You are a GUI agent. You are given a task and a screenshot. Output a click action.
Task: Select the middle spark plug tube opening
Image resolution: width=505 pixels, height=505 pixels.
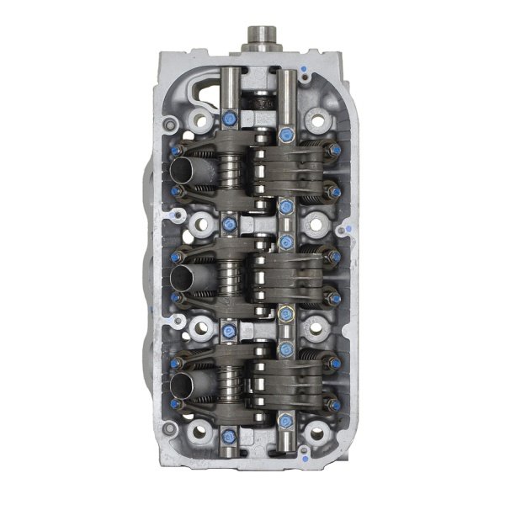coord(184,278)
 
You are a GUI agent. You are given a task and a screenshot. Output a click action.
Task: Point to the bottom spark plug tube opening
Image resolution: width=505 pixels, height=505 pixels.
coord(184,385)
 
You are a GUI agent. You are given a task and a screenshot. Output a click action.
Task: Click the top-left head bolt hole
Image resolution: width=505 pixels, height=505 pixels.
coord(199,119)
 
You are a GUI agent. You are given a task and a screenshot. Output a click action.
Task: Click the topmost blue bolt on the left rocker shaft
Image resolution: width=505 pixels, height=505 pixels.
coord(229,118)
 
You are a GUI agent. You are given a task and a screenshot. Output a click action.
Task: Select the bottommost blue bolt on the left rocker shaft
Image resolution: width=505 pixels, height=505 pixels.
coord(229,436)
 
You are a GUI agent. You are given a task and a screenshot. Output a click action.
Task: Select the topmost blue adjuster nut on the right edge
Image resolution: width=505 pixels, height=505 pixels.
coord(335,151)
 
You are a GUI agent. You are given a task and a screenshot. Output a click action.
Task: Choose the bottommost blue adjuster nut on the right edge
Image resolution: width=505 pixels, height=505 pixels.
coord(335,404)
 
